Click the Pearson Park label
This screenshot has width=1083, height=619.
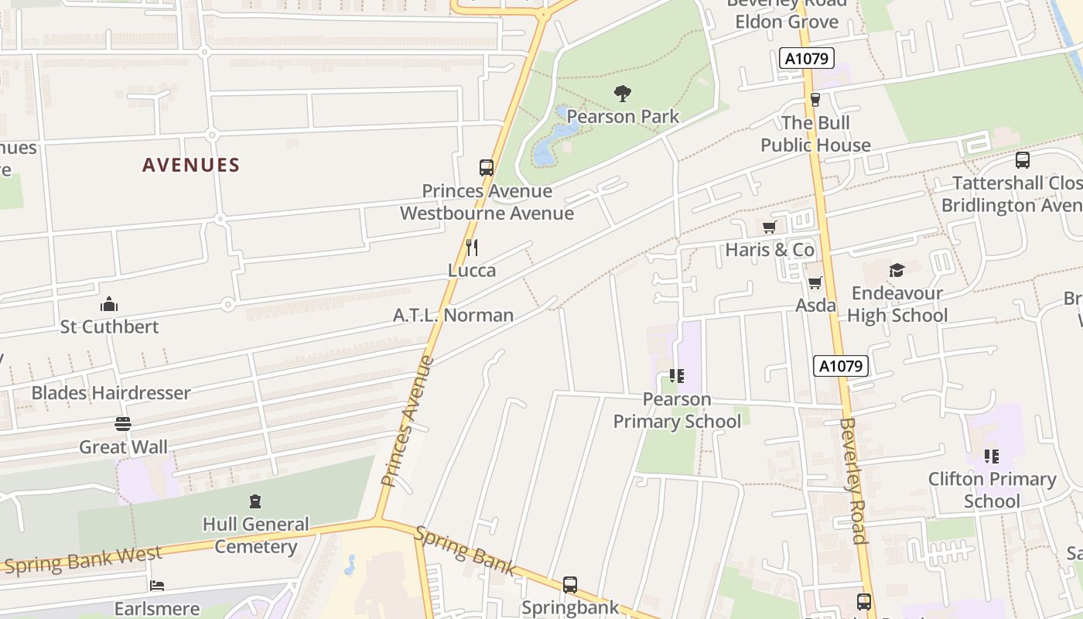(623, 117)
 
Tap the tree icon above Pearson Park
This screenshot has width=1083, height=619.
(623, 94)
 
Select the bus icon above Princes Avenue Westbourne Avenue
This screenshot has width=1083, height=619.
(487, 167)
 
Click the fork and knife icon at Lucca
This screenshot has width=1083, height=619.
(472, 248)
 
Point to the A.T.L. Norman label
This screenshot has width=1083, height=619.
(453, 315)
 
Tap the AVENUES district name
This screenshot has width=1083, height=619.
(191, 165)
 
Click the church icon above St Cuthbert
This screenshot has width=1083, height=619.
(109, 304)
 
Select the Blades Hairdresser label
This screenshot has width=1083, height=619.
(111, 393)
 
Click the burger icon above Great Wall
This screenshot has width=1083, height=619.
(122, 424)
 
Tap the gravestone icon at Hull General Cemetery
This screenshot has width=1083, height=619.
(255, 501)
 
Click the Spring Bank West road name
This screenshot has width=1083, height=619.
(83, 559)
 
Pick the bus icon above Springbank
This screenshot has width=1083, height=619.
(570, 584)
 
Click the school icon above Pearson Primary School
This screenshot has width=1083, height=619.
(677, 376)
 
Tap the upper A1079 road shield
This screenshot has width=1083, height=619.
(806, 58)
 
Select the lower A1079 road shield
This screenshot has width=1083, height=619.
(840, 366)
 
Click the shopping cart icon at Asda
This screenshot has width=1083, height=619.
(815, 282)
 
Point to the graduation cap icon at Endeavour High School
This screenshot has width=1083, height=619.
(897, 270)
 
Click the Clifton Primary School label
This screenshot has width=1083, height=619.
(992, 490)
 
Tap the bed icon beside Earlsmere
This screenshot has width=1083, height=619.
(157, 586)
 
